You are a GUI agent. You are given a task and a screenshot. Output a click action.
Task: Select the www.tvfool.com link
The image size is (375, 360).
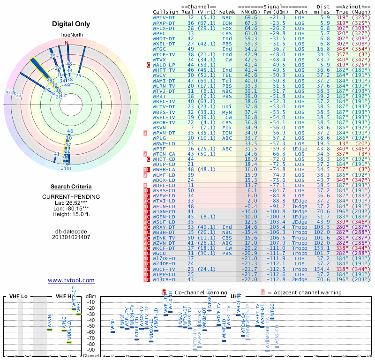pyautogui.click(x=71, y=280)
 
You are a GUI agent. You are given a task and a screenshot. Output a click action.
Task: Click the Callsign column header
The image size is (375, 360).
pyautogui.click(x=165, y=11)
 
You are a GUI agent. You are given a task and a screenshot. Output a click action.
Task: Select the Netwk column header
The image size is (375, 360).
pyautogui.click(x=227, y=11)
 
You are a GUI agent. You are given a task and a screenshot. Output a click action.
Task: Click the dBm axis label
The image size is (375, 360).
pyautogui.click(x=90, y=296)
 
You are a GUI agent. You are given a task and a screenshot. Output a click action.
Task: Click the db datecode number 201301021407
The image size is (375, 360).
pyautogui.click(x=71, y=237)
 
